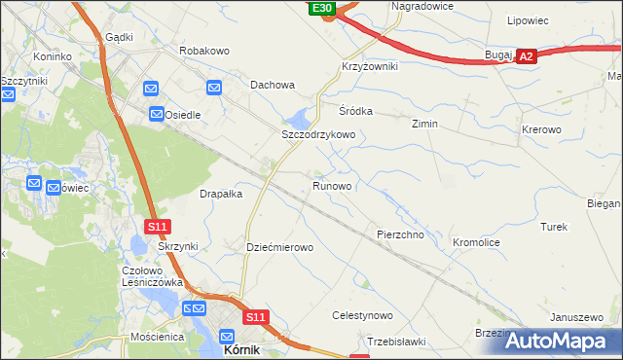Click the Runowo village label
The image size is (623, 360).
pyautogui.click(x=332, y=185)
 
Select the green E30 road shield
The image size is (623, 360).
pyautogui.click(x=323, y=8)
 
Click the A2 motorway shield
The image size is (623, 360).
pyautogui.click(x=526, y=57)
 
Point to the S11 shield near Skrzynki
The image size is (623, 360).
pyautogui.click(x=159, y=227)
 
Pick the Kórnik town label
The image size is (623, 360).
pyautogui.click(x=242, y=349)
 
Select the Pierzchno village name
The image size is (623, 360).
pyautogui.click(x=399, y=235)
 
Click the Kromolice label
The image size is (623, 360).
pyautogui.click(x=477, y=241)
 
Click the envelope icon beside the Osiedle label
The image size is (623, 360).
pyautogui.click(x=157, y=115)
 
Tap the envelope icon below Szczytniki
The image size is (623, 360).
pyautogui.click(x=8, y=95)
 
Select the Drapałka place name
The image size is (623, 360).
pyautogui.click(x=221, y=194)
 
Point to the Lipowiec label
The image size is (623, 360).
pyautogui.click(x=530, y=19)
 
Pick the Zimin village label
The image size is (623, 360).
pyautogui.click(x=424, y=125)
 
